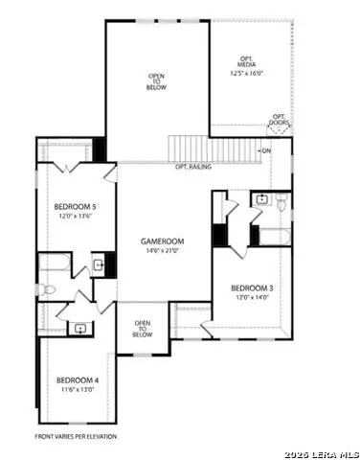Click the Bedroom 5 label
point(73,207)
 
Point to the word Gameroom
point(162,241)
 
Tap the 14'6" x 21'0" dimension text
point(162,251)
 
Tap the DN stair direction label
point(265,150)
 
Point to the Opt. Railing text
point(193,167)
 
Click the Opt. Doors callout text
point(279,119)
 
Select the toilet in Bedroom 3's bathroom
point(281,203)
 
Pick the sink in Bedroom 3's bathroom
point(261,200)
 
